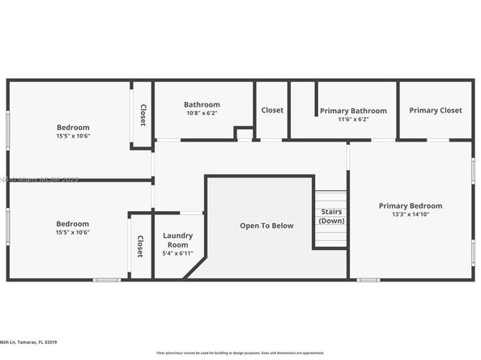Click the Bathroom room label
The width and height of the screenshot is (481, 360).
pos(202,104)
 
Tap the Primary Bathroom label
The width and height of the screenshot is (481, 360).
pos(353,111)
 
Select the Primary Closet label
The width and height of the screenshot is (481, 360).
pos(435,110)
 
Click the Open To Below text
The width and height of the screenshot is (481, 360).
pos(266,226)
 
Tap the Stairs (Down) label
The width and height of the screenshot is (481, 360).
pos(330,216)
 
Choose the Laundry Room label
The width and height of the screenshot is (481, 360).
pos(177,240)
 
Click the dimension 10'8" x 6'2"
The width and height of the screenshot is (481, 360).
pos(202,114)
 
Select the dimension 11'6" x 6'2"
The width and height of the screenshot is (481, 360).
pos(353,120)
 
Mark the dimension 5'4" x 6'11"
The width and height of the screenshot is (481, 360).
pos(177,254)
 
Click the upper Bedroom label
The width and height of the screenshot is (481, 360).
pos(73,127)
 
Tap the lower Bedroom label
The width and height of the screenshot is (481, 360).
pos(73,223)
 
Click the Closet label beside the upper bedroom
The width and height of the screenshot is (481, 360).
pos(143,115)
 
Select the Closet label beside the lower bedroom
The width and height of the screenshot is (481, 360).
pos(140,247)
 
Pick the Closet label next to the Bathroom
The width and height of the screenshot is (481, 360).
pos(272,110)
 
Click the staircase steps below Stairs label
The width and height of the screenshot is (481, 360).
pos(330,237)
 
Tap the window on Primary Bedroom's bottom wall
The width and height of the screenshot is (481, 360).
pos(368,280)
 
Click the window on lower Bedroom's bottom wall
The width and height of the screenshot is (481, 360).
pos(106,280)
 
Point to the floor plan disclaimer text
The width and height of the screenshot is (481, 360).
pos(240,354)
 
